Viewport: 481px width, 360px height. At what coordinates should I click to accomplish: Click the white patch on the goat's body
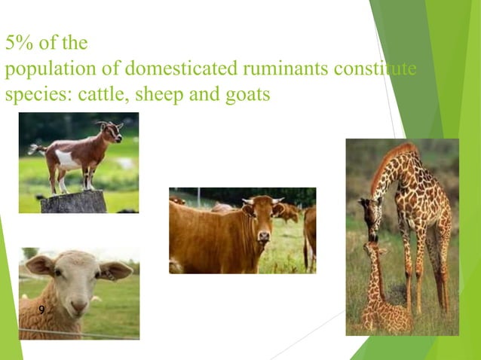point(68,159)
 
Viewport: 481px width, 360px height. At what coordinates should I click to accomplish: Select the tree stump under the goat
point(73,201)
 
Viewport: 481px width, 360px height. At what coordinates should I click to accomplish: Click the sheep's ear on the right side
point(117,269)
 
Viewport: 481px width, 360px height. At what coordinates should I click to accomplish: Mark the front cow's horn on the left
point(247,201)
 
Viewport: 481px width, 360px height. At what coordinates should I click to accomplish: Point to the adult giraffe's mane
point(388,162)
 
